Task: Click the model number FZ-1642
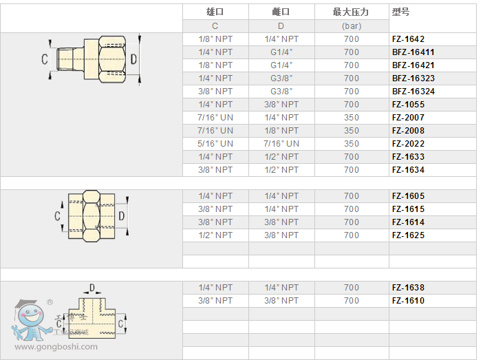pyautogui.click(x=409, y=39)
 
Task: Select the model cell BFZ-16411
pyautogui.click(x=413, y=52)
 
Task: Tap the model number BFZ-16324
pyautogui.click(x=413, y=92)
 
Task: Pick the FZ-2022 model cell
pyautogui.click(x=409, y=144)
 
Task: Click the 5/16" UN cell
pyautogui.click(x=215, y=144)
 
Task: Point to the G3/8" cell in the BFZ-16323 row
pyautogui.click(x=281, y=78)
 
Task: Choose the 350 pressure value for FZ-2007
pyautogui.click(x=352, y=118)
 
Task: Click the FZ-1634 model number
pyautogui.click(x=409, y=170)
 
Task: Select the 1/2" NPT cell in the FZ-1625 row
pyautogui.click(x=215, y=235)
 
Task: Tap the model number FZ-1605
pyautogui.click(x=409, y=196)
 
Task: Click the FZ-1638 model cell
pyautogui.click(x=409, y=288)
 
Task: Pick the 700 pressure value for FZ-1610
pyautogui.click(x=352, y=301)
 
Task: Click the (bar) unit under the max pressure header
pyautogui.click(x=352, y=25)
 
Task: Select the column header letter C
pyautogui.click(x=215, y=25)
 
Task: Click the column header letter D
pyautogui.click(x=281, y=25)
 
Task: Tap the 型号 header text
pyautogui.click(x=401, y=12)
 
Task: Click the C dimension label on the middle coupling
pyautogui.click(x=57, y=216)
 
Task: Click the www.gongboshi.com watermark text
pyautogui.click(x=56, y=347)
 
